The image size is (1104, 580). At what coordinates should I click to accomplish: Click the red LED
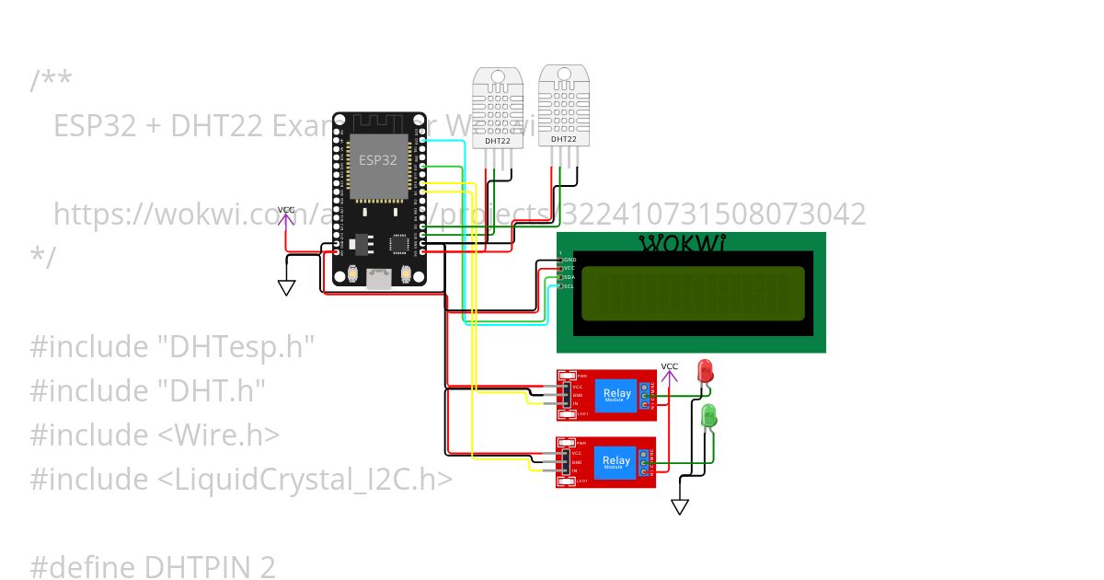pyautogui.click(x=706, y=371)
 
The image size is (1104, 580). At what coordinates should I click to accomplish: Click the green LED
pyautogui.click(x=709, y=416)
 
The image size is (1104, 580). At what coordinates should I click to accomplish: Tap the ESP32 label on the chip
pyautogui.click(x=377, y=159)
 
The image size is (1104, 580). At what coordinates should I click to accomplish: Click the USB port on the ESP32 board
pyautogui.click(x=377, y=278)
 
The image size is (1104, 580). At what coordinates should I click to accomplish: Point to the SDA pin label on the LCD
pyautogui.click(x=569, y=277)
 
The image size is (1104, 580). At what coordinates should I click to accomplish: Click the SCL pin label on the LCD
pyautogui.click(x=569, y=286)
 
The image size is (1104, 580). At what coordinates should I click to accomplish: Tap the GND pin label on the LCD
pyautogui.click(x=569, y=260)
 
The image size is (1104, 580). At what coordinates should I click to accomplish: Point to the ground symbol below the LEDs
pyautogui.click(x=680, y=506)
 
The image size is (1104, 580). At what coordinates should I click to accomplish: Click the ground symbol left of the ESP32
pyautogui.click(x=287, y=288)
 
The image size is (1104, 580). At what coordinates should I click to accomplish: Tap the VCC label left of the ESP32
pyautogui.click(x=286, y=211)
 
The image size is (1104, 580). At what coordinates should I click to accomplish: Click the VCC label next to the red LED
pyautogui.click(x=669, y=366)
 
